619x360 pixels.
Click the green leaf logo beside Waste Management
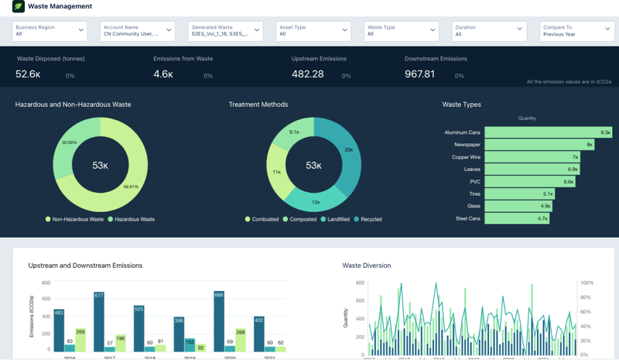(x=19, y=6)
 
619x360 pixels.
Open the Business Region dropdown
(x=50, y=30)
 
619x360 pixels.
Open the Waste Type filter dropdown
(x=401, y=30)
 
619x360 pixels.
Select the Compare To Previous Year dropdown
(x=577, y=30)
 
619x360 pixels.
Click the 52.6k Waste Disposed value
(x=28, y=74)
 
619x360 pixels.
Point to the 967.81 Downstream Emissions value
(x=419, y=74)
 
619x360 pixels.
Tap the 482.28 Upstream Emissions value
(x=307, y=74)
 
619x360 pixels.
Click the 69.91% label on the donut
(x=131, y=187)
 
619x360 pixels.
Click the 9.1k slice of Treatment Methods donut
(x=294, y=132)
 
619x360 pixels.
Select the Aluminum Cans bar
(x=548, y=132)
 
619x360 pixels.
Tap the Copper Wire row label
(x=466, y=157)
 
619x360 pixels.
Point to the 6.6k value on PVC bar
(x=568, y=182)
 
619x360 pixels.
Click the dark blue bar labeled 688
(x=219, y=321)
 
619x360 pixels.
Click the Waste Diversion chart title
(x=366, y=266)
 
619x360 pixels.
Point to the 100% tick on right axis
(x=587, y=283)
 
